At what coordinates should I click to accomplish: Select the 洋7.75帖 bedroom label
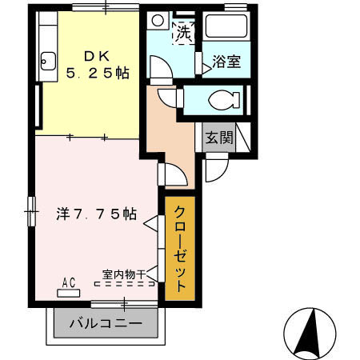pyautogui.click(x=95, y=214)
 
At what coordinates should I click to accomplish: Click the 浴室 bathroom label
pyautogui.click(x=226, y=62)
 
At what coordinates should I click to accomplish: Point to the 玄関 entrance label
pyautogui.click(x=218, y=138)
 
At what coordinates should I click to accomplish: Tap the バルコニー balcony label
pyautogui.click(x=105, y=325)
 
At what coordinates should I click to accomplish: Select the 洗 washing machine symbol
pyautogui.click(x=183, y=34)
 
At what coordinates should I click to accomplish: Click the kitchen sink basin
pyautogui.click(x=46, y=60)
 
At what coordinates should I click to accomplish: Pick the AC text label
pyautogui.click(x=69, y=282)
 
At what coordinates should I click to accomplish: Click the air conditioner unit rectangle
pyautogui.click(x=69, y=292)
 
